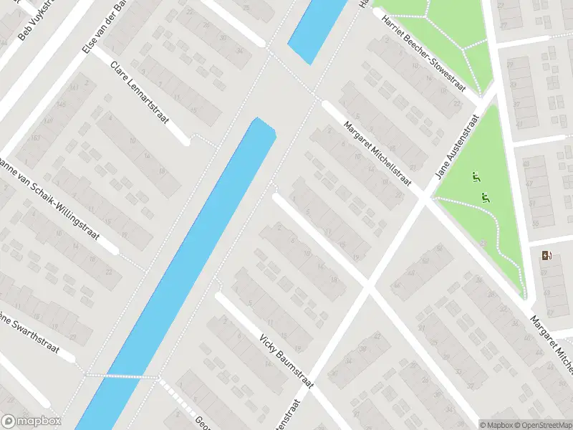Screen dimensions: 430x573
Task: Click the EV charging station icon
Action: [549, 256]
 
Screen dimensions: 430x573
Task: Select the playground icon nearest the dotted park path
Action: [486, 199]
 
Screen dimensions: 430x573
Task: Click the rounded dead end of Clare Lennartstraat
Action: [186, 139]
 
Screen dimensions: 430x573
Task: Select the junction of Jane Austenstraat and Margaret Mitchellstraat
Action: [423, 199]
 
